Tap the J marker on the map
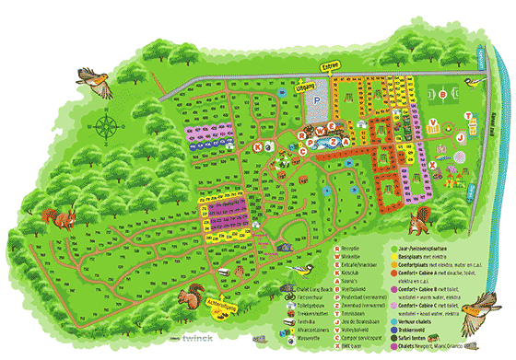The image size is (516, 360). point(459,137)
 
